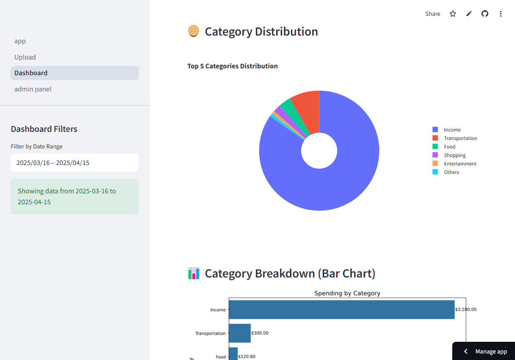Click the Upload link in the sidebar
point(25,57)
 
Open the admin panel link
point(33,89)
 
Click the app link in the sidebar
point(20,41)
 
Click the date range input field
point(74,163)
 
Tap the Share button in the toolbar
point(432,14)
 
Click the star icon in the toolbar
point(453,14)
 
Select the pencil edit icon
point(469,14)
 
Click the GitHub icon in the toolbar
point(485,14)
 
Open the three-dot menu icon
point(501,14)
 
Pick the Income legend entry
point(452,130)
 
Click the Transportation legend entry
point(460,138)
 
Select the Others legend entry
point(451,172)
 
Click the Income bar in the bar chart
point(341,309)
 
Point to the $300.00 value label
point(260,333)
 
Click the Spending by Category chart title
point(347,293)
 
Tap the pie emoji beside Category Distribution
point(194,31)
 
